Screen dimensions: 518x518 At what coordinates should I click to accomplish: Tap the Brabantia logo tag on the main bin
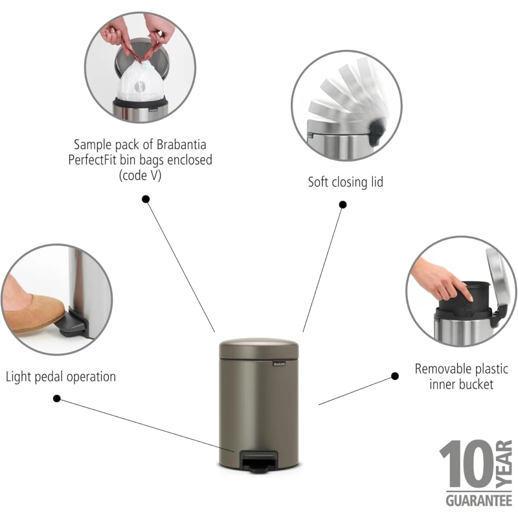(279, 365)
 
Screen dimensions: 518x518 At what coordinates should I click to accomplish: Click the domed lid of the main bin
(259, 348)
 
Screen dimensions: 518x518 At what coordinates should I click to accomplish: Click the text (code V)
(140, 175)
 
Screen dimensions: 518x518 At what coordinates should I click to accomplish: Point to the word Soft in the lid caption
(319, 182)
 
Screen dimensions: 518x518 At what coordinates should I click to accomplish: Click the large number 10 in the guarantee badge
(466, 464)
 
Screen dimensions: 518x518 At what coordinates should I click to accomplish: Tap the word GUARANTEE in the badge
(479, 501)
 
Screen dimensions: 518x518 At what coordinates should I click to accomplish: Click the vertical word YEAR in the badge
(504, 464)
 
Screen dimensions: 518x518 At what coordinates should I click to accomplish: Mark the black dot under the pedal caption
(57, 399)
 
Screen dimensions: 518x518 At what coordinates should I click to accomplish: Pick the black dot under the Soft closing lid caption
(343, 205)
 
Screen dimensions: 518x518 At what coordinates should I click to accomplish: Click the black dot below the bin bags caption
(146, 199)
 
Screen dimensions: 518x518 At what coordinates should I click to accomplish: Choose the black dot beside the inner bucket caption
(395, 376)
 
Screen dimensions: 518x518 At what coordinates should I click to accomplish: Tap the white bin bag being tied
(141, 81)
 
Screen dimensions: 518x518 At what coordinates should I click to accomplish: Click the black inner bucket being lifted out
(464, 300)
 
